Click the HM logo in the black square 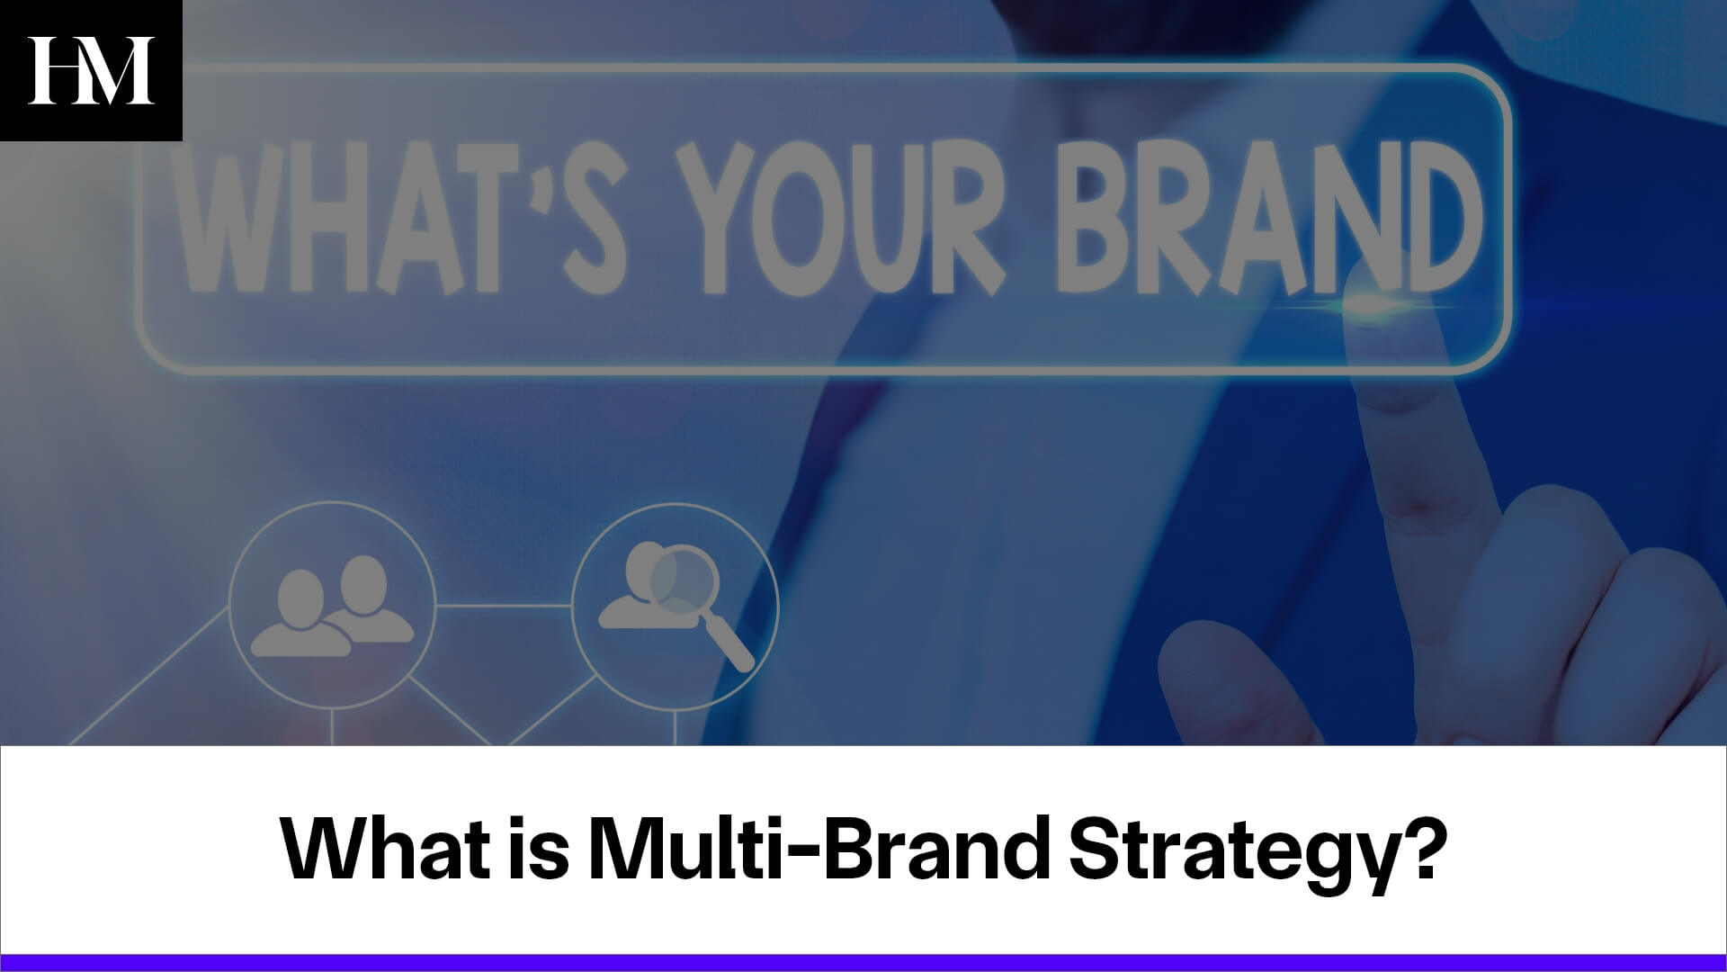pyautogui.click(x=91, y=70)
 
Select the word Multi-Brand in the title pyautogui.click(x=819, y=850)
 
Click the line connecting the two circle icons pyautogui.click(x=504, y=605)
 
